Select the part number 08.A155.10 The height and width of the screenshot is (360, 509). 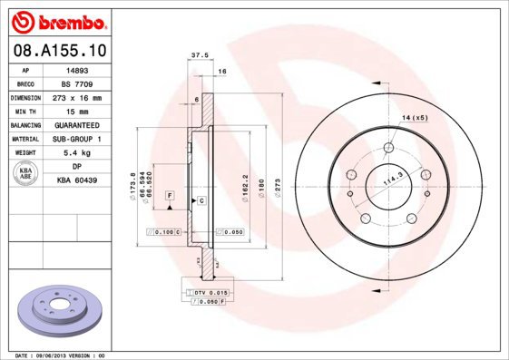point(58,52)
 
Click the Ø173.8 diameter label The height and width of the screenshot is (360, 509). point(133,185)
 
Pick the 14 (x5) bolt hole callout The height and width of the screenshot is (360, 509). point(415,118)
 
